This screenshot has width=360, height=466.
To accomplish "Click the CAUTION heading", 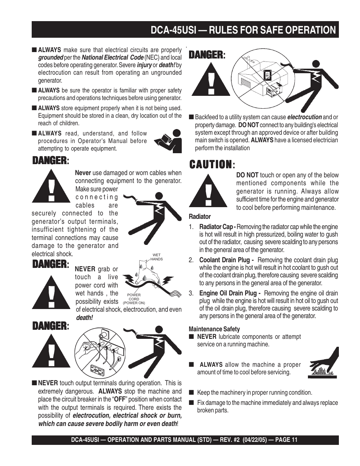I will pyautogui.click(x=210, y=165).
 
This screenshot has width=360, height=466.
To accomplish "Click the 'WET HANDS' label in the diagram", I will pyautogui.click(x=157, y=257).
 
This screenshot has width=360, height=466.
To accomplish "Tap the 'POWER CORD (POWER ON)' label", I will pyautogui.click(x=134, y=299).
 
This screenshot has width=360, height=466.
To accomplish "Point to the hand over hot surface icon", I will pyautogui.click(x=324, y=364).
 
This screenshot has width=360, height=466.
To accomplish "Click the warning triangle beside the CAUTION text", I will pyautogui.click(x=208, y=190).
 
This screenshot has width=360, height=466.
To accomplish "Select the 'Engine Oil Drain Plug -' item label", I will pyautogui.click(x=230, y=293).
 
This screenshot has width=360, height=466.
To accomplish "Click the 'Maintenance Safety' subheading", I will pyautogui.click(x=214, y=329).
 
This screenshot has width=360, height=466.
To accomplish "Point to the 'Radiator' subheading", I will pyautogui.click(x=200, y=217).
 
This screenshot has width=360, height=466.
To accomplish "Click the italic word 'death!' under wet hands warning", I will pyautogui.click(x=85, y=318).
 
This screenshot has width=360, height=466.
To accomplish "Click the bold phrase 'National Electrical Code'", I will pyautogui.click(x=112, y=58).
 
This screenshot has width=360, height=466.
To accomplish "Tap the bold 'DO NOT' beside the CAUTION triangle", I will pyautogui.click(x=247, y=175).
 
